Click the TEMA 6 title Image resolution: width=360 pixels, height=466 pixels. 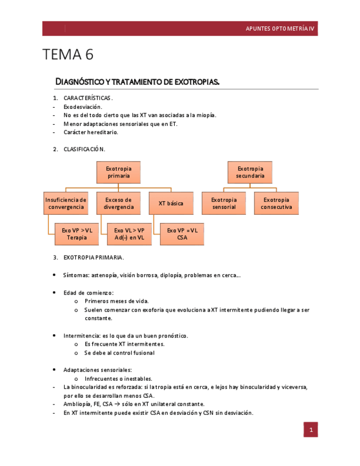tap(68, 55)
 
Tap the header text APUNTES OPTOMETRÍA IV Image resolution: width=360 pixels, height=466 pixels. tap(280, 29)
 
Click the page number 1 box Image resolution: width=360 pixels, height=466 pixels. tap(311, 430)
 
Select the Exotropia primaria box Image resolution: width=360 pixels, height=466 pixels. tap(119, 172)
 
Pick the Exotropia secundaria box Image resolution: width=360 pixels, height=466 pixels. tap(250, 172)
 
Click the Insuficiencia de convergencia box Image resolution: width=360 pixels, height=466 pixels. tap(66, 203)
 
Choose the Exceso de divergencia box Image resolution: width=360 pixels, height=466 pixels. tap(119, 203)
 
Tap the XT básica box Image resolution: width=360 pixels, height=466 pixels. tap(171, 203)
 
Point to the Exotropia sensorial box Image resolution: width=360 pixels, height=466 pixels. tap(224, 203)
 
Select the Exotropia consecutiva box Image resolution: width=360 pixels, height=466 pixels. tap(276, 203)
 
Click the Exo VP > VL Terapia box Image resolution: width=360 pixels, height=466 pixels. tap(77, 234)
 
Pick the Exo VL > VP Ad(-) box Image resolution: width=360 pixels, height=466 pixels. tap(130, 234)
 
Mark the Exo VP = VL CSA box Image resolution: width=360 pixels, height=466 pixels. tap(182, 234)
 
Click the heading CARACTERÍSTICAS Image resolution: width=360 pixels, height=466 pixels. tap(88, 98)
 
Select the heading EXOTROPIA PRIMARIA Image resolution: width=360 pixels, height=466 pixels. tap(93, 257)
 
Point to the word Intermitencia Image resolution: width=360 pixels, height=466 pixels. tap(81, 335)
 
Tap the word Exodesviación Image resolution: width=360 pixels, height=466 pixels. tap(82, 107)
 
